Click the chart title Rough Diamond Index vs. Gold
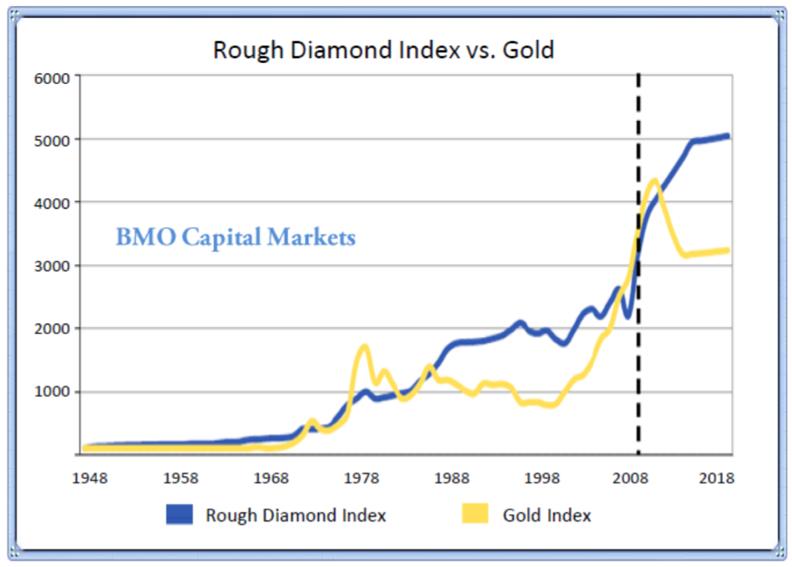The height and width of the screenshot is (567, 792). [x=383, y=50]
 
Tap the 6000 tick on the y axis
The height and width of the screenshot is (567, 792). [x=52, y=76]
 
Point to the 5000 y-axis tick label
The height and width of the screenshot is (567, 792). [x=52, y=140]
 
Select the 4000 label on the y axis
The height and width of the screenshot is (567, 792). [x=52, y=203]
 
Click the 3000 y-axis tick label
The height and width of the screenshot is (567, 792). [x=52, y=266]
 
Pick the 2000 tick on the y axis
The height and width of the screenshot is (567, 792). [x=52, y=329]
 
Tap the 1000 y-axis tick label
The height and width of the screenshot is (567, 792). [x=52, y=392]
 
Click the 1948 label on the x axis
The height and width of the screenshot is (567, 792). [x=90, y=477]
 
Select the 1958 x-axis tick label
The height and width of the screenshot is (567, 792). [x=180, y=477]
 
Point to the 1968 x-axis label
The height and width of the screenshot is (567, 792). [x=271, y=477]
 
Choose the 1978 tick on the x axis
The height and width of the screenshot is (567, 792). [x=361, y=477]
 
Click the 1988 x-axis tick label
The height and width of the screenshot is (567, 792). [x=452, y=477]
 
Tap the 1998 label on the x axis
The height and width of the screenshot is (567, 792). [x=543, y=477]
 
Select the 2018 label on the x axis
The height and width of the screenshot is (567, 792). [x=718, y=477]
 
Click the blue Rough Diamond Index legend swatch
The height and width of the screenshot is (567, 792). [x=180, y=514]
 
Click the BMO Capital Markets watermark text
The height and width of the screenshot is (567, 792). [x=235, y=237]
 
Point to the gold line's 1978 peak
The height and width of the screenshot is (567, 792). [x=364, y=347]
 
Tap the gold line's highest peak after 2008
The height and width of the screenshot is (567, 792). [x=654, y=181]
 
